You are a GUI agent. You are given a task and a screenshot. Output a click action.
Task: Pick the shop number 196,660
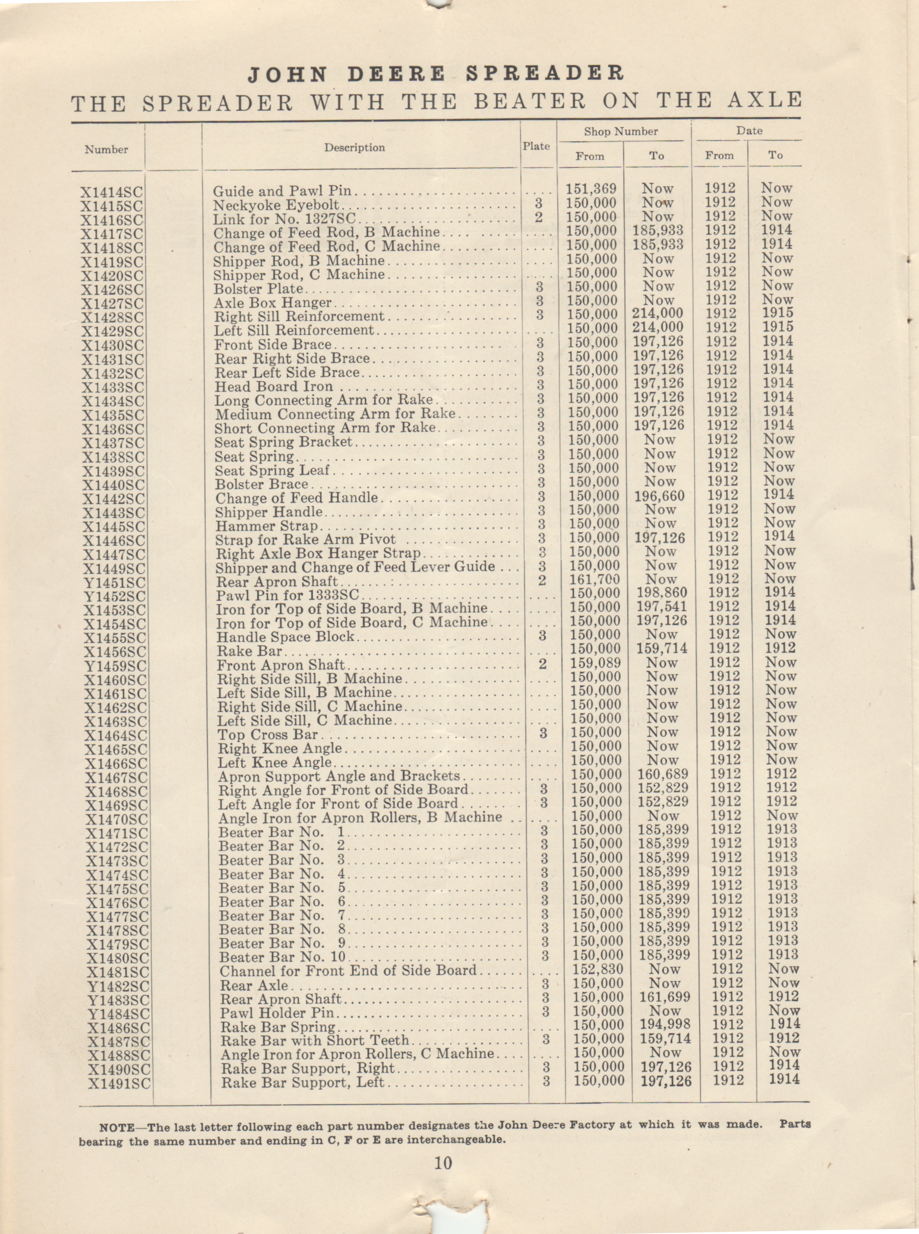click(x=659, y=496)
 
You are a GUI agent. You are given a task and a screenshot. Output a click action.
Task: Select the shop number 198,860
click(x=661, y=592)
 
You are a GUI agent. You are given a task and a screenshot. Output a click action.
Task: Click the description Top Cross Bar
click(x=268, y=734)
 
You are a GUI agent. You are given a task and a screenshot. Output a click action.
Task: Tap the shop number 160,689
click(x=663, y=774)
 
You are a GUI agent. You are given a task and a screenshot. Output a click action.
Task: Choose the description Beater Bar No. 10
click(x=282, y=957)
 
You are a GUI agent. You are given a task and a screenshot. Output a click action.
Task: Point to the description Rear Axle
click(x=254, y=985)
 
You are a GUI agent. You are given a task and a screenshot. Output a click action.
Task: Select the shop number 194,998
click(x=665, y=1024)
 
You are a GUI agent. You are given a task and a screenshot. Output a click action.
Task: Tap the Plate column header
click(x=536, y=146)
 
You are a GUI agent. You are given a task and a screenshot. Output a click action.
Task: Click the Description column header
click(x=354, y=147)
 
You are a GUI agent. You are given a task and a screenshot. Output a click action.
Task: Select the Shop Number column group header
click(x=620, y=132)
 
